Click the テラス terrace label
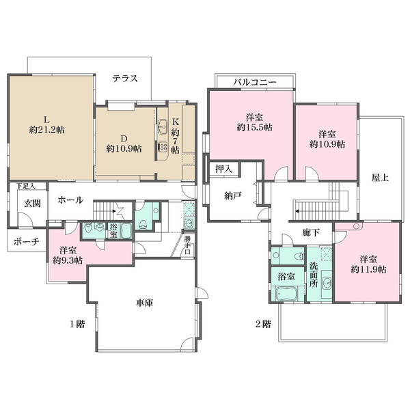pos(125,79)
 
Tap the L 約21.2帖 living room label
pos(46,125)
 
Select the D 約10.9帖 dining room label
pos(124,143)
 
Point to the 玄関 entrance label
pos(32,203)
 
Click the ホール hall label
pos(70,200)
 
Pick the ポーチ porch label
pos(27,242)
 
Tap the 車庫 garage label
pos(145,303)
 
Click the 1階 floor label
pos(77,324)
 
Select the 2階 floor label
pos(263,324)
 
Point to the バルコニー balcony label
pos(254,83)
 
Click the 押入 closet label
pos(224,169)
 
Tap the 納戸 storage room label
pos(233,195)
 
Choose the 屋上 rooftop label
pos(380,178)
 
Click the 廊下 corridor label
pos(311,232)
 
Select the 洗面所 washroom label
pos(314,275)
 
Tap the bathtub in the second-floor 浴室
pos(287,294)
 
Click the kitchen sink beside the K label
pos(163,126)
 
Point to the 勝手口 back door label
pos(187,245)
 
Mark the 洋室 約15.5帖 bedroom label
pos(254,122)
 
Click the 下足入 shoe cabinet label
pos(25,186)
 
